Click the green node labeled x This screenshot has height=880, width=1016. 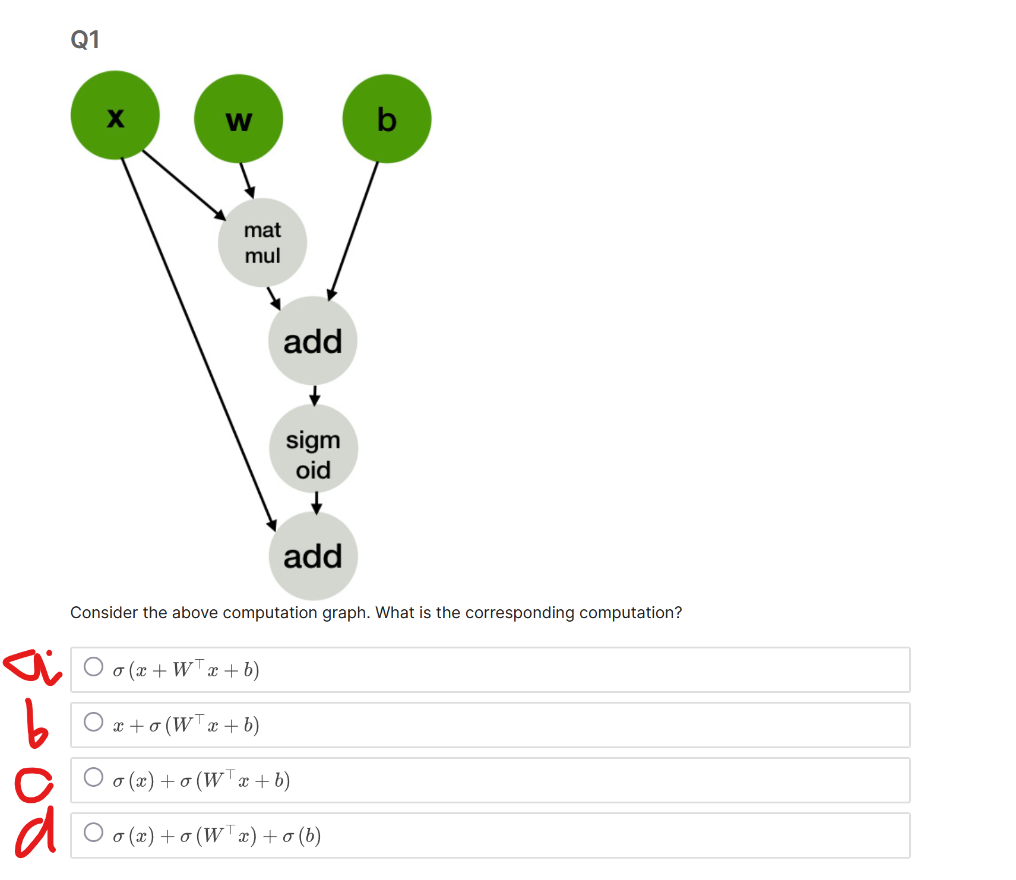[x=115, y=115]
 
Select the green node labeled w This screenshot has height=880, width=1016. [x=239, y=119]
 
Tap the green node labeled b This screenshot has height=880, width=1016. [x=387, y=119]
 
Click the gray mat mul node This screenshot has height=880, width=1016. [x=262, y=242]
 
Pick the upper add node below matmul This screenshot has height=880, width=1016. [x=312, y=341]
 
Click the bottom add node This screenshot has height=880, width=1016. [x=313, y=556]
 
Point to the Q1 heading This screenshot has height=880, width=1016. [x=85, y=40]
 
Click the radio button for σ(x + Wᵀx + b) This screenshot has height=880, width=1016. [x=93, y=667]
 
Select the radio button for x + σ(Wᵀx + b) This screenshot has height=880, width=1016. [x=93, y=722]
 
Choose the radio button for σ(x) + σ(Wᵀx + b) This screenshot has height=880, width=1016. [x=93, y=777]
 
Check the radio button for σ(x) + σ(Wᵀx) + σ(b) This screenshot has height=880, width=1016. [x=93, y=832]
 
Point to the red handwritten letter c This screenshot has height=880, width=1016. [x=34, y=784]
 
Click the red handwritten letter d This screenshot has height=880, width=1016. [x=36, y=834]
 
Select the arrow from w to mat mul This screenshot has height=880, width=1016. [x=247, y=180]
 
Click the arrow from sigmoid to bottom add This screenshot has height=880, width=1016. [x=316, y=502]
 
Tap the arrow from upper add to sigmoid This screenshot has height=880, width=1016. [x=315, y=395]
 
